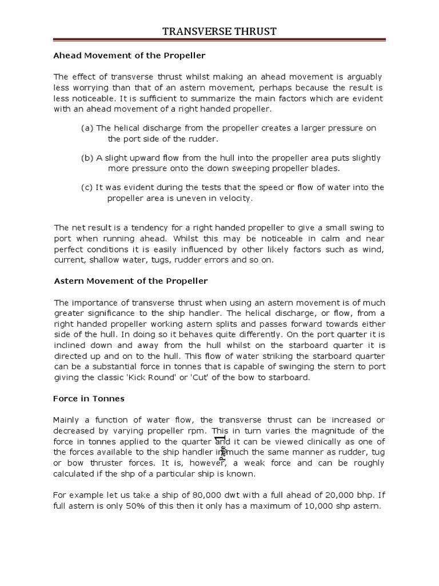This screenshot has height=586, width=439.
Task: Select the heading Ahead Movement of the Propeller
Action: [129, 56]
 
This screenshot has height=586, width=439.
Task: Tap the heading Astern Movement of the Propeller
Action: [130, 281]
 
